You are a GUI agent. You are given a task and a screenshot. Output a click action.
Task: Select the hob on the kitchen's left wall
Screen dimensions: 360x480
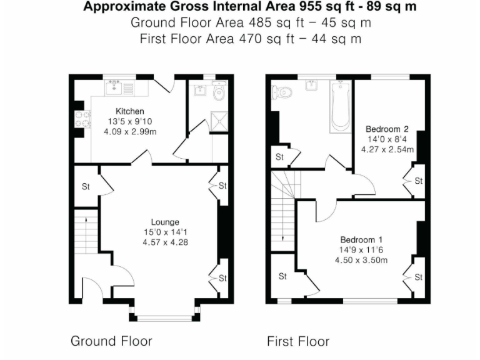pos(81,119)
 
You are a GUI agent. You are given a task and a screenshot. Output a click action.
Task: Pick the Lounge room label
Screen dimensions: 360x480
pos(165,222)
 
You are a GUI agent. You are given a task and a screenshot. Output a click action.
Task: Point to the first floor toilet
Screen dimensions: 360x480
pos(282,93)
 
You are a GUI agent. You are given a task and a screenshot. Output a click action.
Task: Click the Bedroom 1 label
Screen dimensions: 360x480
pos(361,240)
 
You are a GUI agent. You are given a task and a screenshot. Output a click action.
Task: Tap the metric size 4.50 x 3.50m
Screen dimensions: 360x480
pos(362,260)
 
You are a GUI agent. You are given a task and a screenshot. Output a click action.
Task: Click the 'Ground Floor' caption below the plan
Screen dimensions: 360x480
pos(111,341)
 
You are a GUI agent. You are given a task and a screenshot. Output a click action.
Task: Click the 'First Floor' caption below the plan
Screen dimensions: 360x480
pos(297,341)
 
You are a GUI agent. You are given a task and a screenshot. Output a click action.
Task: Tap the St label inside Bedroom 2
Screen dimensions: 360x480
pos(418,181)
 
